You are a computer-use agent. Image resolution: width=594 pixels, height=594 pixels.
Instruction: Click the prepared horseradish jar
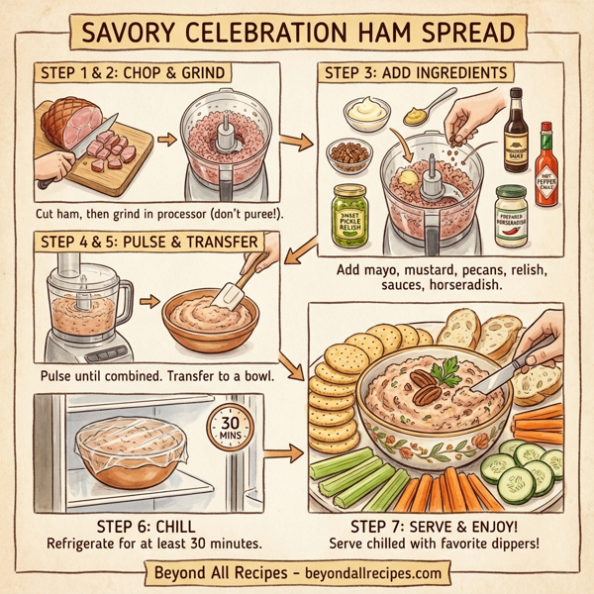tap(511, 210)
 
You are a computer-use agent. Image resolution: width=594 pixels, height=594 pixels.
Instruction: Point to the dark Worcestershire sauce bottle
tap(515, 124)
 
